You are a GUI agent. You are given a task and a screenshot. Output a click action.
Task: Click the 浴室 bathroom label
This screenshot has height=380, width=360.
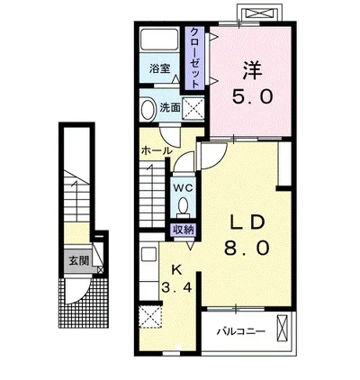click(159, 68)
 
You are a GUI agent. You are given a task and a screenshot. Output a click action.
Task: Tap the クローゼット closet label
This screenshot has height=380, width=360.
click(195, 58)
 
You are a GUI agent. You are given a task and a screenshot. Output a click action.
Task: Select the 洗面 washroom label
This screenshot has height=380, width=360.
click(170, 108)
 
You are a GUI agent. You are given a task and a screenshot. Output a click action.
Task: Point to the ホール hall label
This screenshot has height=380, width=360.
click(157, 150)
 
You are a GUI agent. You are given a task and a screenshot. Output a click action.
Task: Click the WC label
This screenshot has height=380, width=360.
click(184, 188)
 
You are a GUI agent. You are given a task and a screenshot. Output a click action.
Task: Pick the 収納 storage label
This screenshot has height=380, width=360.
click(184, 231)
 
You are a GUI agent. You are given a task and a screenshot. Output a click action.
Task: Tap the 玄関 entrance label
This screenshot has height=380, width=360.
click(79, 261)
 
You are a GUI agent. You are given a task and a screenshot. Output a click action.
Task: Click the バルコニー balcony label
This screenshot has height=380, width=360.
click(241, 331)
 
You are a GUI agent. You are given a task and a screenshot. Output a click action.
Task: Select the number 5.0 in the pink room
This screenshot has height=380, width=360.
click(252, 97)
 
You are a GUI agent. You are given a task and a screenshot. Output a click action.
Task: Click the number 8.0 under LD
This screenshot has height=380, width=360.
click(246, 249)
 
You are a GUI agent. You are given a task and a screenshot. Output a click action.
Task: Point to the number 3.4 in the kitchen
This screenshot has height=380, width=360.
click(176, 288)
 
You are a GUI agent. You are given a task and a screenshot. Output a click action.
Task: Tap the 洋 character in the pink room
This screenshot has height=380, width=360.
click(252, 71)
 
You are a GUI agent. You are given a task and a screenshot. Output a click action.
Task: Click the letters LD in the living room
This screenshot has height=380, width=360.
click(247, 222)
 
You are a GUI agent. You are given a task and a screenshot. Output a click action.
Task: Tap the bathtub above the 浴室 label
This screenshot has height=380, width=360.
click(159, 39)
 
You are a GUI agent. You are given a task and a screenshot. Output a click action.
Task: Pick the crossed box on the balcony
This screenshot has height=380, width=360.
click(282, 328)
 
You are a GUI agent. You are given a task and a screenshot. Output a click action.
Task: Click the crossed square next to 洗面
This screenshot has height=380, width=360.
click(193, 108)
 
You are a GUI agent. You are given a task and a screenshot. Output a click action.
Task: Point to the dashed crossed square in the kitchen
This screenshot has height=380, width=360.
click(151, 317)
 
